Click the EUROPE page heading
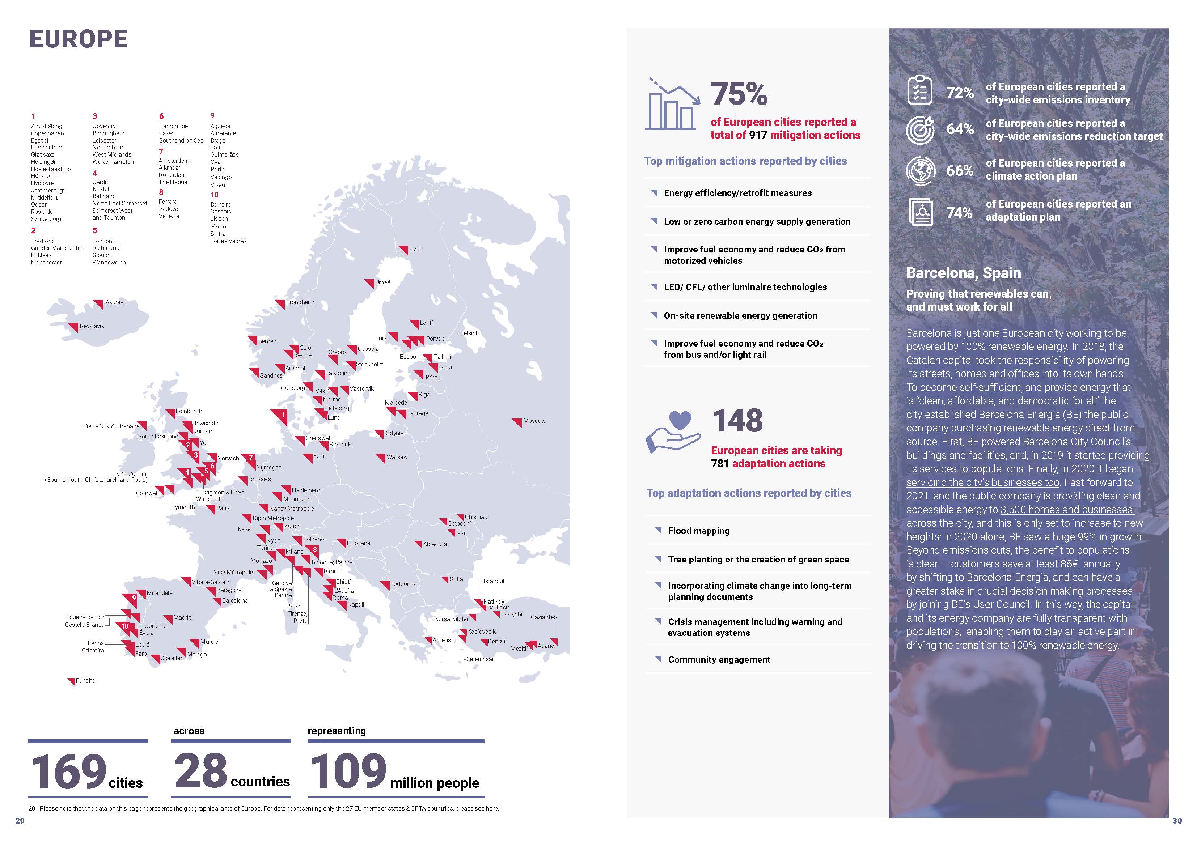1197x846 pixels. tap(78, 39)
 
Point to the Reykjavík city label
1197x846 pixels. tap(92, 326)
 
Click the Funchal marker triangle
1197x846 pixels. tap(71, 681)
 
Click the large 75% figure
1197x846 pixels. tap(739, 94)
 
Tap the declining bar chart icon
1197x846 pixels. tap(672, 104)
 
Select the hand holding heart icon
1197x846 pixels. tap(673, 431)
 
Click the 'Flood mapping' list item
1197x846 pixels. tap(699, 531)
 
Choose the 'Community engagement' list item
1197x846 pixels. tap(719, 659)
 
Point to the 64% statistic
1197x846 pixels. tap(960, 129)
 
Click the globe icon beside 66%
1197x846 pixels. tap(920, 170)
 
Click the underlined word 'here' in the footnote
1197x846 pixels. tap(492, 808)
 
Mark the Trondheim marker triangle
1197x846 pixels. tap(280, 303)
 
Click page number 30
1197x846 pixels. tap(1177, 820)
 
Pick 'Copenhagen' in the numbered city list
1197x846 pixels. tap(47, 133)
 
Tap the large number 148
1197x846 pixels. tap(737, 421)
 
